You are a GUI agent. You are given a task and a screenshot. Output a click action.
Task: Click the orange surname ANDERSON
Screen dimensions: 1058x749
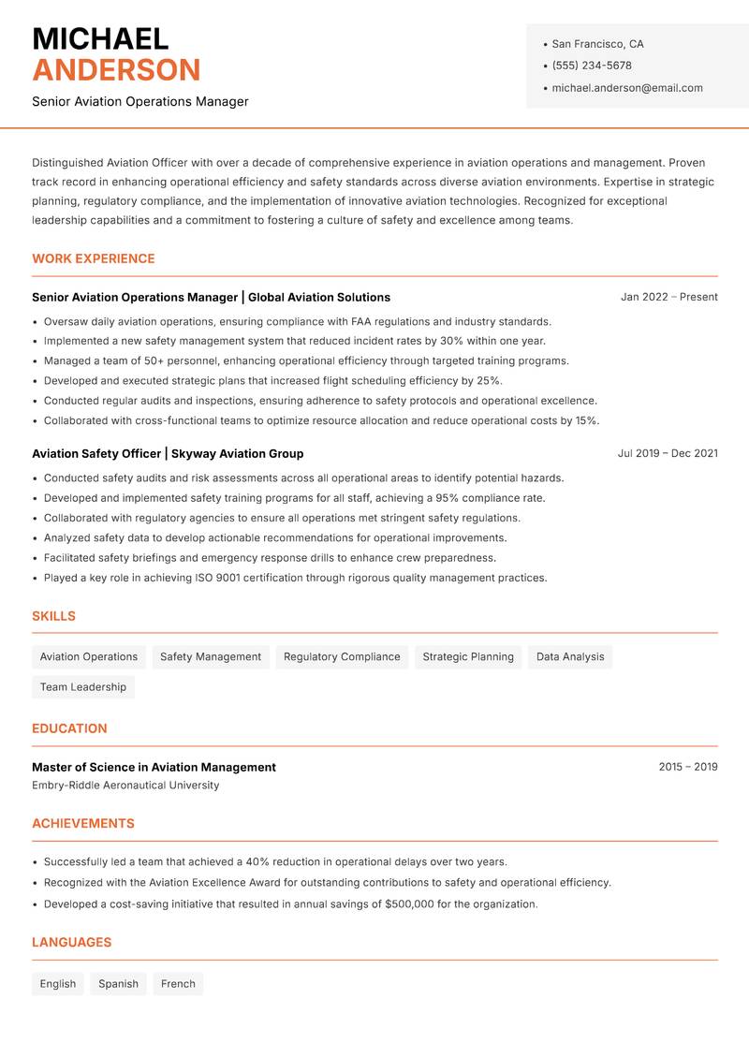pyautogui.click(x=116, y=70)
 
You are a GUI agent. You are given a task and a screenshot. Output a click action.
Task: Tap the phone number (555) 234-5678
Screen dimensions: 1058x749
pyautogui.click(x=592, y=66)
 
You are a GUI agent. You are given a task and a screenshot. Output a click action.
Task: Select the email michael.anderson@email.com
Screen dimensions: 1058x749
pyautogui.click(x=627, y=88)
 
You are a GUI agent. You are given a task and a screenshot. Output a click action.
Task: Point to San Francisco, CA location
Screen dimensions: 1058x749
pyautogui.click(x=597, y=44)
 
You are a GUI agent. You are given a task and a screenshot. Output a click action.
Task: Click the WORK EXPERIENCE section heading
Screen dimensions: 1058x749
pyautogui.click(x=94, y=258)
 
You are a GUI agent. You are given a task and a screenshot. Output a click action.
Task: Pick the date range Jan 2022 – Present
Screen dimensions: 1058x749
pyautogui.click(x=668, y=297)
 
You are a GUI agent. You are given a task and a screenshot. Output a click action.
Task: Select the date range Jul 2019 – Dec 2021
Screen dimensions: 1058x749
pyautogui.click(x=668, y=453)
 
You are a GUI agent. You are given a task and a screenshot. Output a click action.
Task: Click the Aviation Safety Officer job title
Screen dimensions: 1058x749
pyautogui.click(x=96, y=453)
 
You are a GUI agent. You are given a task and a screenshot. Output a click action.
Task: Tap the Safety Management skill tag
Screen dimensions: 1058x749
pyautogui.click(x=211, y=657)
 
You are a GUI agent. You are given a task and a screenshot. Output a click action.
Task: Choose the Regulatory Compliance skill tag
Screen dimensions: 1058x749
pyautogui.click(x=342, y=657)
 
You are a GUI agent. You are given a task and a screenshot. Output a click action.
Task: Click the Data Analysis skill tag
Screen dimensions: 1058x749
pyautogui.click(x=570, y=657)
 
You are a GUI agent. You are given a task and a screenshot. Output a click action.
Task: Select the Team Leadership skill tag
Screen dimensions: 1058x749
pyautogui.click(x=83, y=687)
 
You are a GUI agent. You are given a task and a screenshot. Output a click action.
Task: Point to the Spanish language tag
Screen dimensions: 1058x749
pyautogui.click(x=118, y=984)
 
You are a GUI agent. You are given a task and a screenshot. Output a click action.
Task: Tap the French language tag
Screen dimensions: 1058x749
pyautogui.click(x=178, y=984)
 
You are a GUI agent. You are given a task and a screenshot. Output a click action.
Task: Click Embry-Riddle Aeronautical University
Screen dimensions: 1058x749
pyautogui.click(x=125, y=786)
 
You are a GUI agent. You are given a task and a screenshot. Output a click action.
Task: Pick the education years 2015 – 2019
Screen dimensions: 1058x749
pyautogui.click(x=687, y=767)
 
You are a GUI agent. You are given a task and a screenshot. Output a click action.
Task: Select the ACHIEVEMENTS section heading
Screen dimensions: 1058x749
pyautogui.click(x=83, y=824)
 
